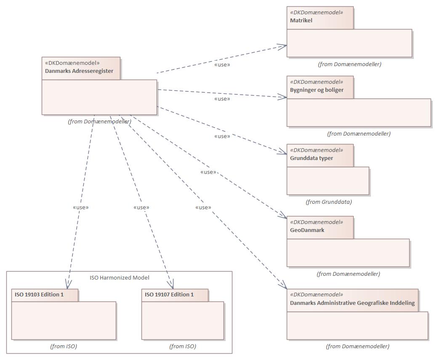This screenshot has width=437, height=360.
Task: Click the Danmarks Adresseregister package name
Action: coord(79,71)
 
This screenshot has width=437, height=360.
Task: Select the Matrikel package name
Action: coord(301,20)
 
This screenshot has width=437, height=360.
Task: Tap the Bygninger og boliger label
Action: coord(317,90)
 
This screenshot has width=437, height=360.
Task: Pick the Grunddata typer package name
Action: coord(312,158)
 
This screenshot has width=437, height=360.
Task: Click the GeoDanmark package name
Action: coord(307,230)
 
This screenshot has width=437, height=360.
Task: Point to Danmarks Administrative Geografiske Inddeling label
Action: coord(352,303)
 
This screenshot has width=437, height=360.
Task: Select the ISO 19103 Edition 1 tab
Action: coord(39,295)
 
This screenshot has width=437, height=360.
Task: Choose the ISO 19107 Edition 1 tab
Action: coord(169,295)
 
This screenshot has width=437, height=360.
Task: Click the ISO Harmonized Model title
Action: coord(120,278)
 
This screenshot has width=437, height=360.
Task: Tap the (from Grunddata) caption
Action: coord(328,202)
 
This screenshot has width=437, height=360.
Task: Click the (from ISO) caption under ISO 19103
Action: coord(64,347)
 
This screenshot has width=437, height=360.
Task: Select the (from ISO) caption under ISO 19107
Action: coord(183,347)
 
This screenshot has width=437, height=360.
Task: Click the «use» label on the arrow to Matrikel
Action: coord(222,65)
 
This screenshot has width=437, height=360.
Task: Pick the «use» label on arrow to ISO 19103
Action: coord(81,208)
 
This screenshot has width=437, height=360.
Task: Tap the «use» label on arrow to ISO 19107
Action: coord(141,208)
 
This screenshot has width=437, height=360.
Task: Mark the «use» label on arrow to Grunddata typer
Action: coord(222,136)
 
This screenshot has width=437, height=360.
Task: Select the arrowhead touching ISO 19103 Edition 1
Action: coord(68,285)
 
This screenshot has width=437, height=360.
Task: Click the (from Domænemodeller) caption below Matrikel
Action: coord(349,64)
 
